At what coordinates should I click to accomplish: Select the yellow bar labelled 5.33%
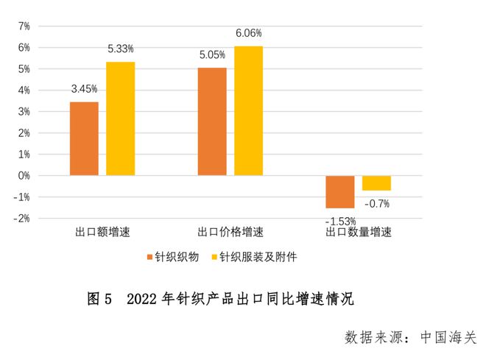tap(121, 119)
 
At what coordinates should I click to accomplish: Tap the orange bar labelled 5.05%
tap(212, 121)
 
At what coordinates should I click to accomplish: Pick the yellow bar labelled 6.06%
tap(248, 110)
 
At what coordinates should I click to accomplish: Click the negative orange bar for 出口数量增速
tap(339, 191)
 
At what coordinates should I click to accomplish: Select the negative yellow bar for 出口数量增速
tap(376, 183)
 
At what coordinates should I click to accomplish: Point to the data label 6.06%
tap(248, 34)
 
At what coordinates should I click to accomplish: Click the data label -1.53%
tap(340, 220)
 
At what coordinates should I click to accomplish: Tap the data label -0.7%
tap(377, 203)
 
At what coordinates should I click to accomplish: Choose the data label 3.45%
tap(84, 89)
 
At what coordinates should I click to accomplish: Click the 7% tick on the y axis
tap(24, 27)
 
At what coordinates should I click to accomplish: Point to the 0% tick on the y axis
tap(24, 176)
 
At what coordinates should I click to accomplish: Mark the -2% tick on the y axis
tap(22, 219)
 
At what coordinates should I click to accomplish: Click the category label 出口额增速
tap(102, 233)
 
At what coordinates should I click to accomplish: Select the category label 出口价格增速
tap(230, 233)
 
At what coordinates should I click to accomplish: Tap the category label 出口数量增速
tap(359, 233)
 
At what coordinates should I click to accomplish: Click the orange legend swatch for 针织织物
tap(149, 258)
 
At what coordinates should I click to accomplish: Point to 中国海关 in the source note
tap(448, 338)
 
